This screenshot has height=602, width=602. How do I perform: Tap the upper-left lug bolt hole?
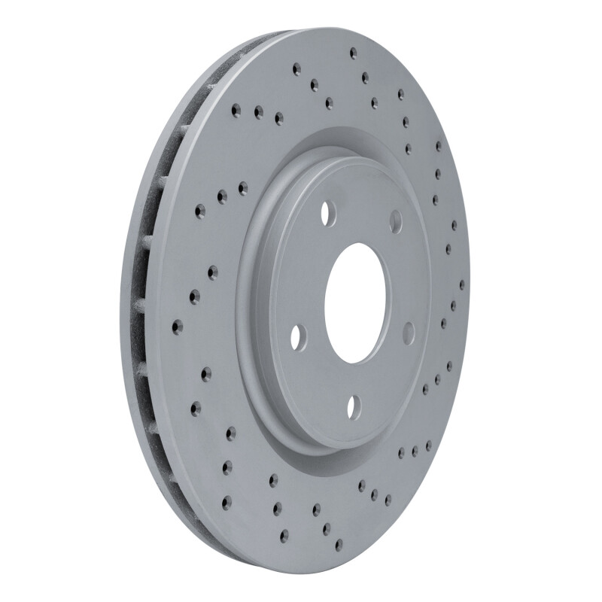coord(328,214)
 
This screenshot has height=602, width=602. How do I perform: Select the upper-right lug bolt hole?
coord(396,218)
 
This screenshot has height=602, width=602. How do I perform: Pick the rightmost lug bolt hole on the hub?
coord(409,332)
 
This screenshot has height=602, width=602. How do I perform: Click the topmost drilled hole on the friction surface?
coord(353,52)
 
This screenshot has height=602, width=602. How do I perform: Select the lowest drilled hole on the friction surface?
coord(337,543)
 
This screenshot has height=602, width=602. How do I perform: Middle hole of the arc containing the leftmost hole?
coord(194,298)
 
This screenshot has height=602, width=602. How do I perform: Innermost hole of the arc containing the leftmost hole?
coord(212,269)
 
